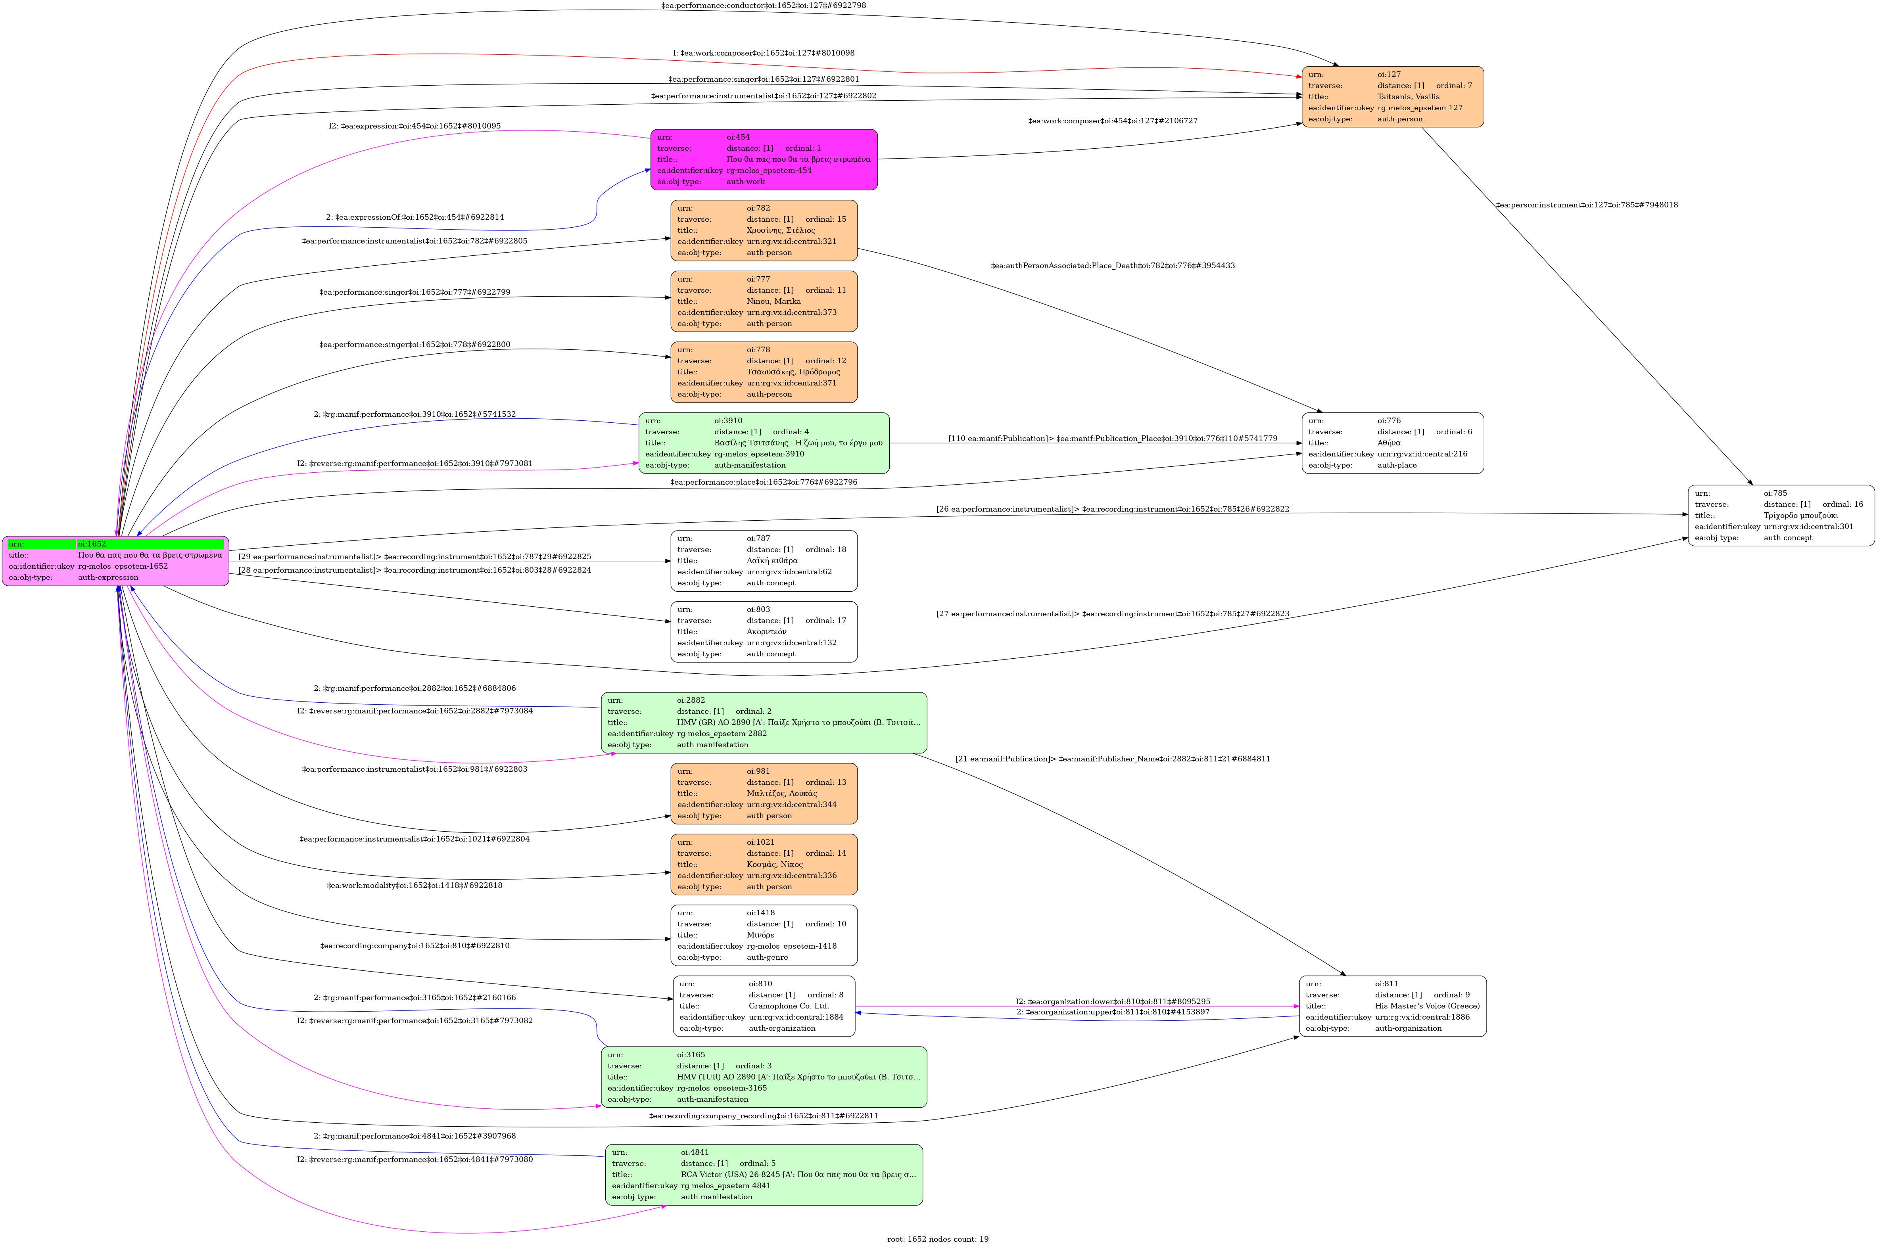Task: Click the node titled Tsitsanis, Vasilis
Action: click(x=1392, y=96)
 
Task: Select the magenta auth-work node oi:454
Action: click(x=764, y=159)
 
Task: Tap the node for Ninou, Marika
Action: click(x=764, y=301)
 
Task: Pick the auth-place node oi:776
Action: click(x=1392, y=443)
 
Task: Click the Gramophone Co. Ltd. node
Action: click(x=764, y=1006)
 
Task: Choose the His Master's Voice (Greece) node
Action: click(x=1392, y=1006)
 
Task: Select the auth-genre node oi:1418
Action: click(x=764, y=934)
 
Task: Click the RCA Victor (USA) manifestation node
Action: click(x=764, y=1175)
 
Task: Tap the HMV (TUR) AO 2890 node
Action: click(x=764, y=1077)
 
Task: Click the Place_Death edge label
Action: click(x=1112, y=266)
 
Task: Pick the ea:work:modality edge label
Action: click(x=414, y=885)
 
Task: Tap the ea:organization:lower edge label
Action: click(x=1112, y=1001)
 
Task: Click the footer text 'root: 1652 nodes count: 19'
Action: click(x=938, y=1238)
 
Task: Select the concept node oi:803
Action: click(x=764, y=631)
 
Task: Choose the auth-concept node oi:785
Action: click(x=1781, y=515)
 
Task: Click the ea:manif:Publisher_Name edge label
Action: click(x=1112, y=759)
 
